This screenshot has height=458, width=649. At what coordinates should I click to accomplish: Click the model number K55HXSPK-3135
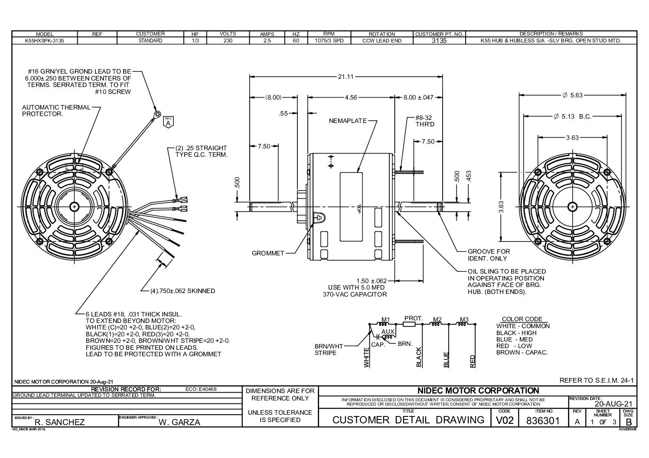(x=44, y=41)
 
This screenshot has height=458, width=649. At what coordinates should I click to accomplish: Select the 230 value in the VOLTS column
(x=228, y=41)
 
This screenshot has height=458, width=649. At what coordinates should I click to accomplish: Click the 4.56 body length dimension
(x=351, y=97)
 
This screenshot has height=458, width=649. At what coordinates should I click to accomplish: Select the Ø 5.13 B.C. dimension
(x=572, y=116)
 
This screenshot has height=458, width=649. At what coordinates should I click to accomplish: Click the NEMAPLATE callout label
(x=348, y=121)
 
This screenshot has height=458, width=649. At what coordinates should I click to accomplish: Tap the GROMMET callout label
(x=268, y=253)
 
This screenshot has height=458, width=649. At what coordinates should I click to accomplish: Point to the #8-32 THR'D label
(x=424, y=121)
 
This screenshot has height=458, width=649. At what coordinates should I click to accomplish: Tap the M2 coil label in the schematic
(x=437, y=320)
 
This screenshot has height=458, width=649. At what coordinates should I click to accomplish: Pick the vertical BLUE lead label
(x=446, y=360)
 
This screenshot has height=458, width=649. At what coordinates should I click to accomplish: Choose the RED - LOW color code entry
(x=514, y=346)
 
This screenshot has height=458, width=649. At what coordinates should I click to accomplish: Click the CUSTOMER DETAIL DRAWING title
(x=408, y=420)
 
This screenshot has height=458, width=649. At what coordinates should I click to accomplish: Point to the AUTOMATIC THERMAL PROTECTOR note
(x=56, y=110)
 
